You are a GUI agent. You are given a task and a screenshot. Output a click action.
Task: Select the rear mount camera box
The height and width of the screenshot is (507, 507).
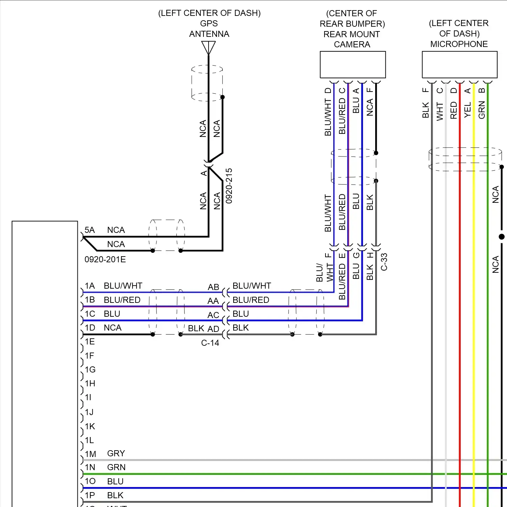coord(353,65)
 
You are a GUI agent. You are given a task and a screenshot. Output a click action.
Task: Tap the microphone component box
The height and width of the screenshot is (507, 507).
coord(459,65)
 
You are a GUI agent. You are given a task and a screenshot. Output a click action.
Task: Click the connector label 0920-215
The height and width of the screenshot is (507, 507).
coord(229,186)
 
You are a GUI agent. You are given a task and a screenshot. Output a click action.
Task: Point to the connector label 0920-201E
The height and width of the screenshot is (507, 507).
coord(105,260)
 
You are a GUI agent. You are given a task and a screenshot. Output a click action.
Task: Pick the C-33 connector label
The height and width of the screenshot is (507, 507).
coord(384,262)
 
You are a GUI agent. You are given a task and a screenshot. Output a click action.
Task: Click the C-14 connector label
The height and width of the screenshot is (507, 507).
coord(210,343)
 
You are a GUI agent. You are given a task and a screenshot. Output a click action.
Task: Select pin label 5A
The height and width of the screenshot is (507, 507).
coord(90,230)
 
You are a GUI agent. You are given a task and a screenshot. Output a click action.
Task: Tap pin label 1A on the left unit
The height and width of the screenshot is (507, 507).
coord(90,286)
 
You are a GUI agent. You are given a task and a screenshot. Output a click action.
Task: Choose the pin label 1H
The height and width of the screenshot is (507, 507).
coord(90,384)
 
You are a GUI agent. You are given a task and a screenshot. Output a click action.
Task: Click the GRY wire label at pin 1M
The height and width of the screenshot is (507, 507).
coord(116,454)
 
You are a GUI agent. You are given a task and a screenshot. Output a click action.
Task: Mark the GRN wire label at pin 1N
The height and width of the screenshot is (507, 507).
coord(116,467)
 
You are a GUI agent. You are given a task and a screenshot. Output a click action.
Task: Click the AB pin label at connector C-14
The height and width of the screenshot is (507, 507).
coord(213,287)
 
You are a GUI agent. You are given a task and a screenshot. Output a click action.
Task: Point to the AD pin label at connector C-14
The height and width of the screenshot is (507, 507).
coord(213,329)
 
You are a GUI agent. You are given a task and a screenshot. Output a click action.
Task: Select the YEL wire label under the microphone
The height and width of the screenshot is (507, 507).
coord(468,110)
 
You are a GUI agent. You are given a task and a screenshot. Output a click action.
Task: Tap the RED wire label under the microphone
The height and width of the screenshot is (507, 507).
coord(454,110)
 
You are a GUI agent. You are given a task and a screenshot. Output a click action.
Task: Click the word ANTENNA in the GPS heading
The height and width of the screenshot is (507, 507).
coord(209,34)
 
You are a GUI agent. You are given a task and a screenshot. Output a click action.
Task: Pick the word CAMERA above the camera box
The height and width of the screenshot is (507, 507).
coord(352,45)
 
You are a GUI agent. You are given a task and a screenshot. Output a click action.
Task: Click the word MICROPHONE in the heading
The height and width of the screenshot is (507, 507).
coord(459,44)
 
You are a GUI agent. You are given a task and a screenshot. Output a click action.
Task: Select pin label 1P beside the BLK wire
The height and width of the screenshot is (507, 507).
coord(90,496)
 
